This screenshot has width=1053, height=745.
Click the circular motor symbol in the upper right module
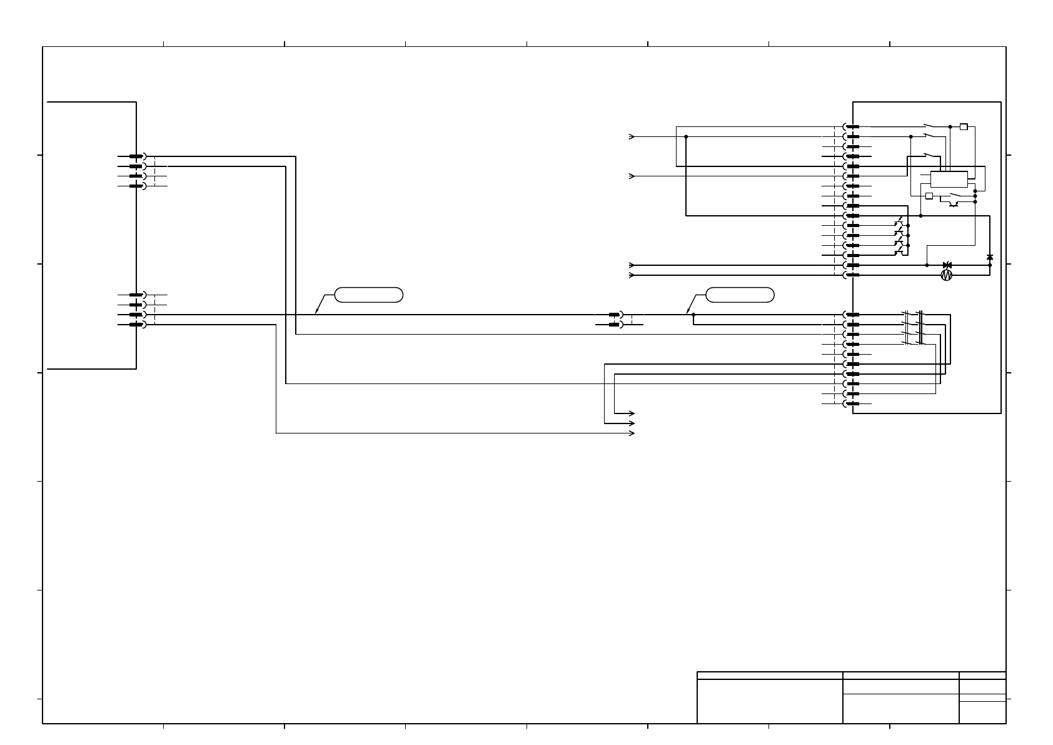[946, 275]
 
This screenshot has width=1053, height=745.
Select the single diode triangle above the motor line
[989, 257]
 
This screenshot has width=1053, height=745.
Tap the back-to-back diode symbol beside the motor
[947, 265]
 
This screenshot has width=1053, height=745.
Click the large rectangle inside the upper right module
[949, 179]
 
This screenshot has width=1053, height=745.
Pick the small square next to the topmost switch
[964, 126]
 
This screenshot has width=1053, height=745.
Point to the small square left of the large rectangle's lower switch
[929, 196]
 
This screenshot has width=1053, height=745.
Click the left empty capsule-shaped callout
[369, 295]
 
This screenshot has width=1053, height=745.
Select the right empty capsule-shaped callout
[740, 295]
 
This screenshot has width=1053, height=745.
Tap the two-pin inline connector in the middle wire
[615, 320]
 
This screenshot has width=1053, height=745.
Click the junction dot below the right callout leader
[693, 315]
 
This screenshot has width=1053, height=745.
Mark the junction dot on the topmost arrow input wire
[686, 136]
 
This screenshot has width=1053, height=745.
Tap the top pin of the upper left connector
[136, 156]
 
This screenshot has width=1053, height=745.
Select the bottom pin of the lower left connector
[136, 325]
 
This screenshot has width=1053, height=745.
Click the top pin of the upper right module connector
[852, 126]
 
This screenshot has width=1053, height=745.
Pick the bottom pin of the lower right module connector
[852, 403]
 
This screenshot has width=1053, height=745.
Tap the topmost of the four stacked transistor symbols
[899, 223]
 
